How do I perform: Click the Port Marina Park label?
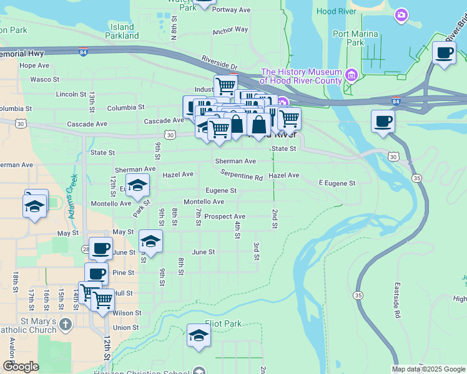[356, 38]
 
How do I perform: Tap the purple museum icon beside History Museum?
[351, 76]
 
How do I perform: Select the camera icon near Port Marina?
[401, 14]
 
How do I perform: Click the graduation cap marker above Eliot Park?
[199, 335]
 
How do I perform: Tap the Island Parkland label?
[122, 31]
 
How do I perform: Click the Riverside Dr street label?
[219, 63]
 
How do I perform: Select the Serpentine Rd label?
[241, 177]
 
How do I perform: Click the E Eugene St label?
[337, 183]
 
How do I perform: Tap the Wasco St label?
[44, 79]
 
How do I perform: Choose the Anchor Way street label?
[230, 30]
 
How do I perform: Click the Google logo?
[20, 367]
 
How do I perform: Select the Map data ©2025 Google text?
[428, 369]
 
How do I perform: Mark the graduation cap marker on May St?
[150, 241]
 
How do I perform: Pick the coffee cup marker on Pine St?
[97, 274]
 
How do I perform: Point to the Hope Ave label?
[34, 65]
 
